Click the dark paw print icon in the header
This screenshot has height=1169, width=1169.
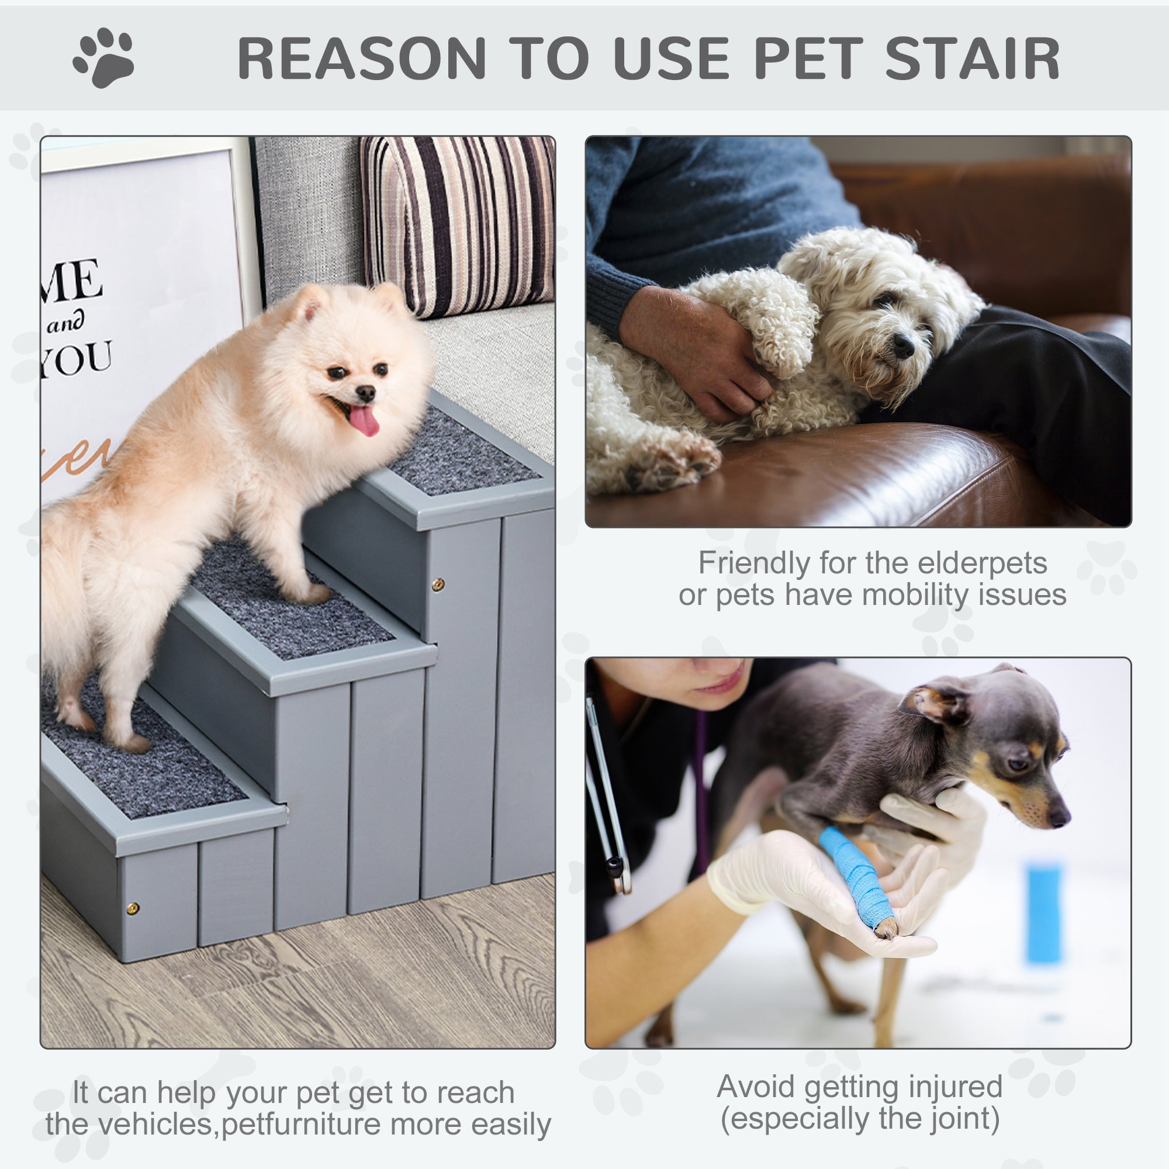(x=104, y=57)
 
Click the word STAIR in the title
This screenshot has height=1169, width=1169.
(x=972, y=58)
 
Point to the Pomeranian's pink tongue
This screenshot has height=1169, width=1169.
(x=364, y=420)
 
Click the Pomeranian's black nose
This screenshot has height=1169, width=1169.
(x=365, y=394)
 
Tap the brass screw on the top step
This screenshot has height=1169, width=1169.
(x=437, y=584)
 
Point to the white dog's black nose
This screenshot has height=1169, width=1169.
(x=904, y=345)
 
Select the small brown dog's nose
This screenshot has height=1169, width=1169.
(x=1060, y=819)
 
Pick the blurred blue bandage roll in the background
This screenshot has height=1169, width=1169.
(x=1043, y=914)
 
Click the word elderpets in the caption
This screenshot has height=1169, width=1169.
(x=983, y=563)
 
